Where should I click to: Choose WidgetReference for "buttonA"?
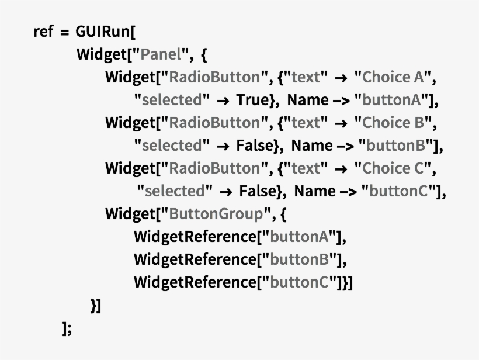coord(196,237)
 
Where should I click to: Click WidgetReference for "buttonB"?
coord(196,259)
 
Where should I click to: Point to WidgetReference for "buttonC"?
coord(196,282)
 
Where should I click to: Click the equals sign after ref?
coord(64,32)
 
